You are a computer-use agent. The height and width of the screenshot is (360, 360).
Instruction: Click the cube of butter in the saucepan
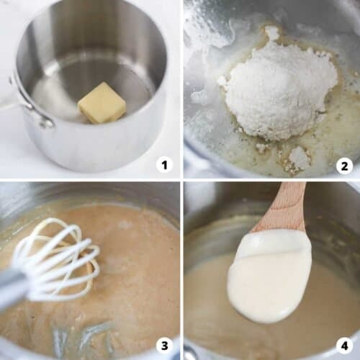[102, 103]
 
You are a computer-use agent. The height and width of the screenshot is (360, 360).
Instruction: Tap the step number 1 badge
[165, 165]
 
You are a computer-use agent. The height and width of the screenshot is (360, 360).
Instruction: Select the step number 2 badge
[344, 166]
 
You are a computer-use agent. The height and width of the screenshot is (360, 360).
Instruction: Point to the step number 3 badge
[165, 345]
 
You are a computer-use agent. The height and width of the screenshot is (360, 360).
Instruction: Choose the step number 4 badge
[344, 345]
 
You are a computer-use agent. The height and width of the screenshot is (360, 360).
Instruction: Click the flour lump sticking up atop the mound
[272, 33]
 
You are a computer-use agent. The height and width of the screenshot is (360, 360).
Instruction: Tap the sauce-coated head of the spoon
[270, 277]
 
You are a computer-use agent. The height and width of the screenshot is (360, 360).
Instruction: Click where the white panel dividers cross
[181, 179]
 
